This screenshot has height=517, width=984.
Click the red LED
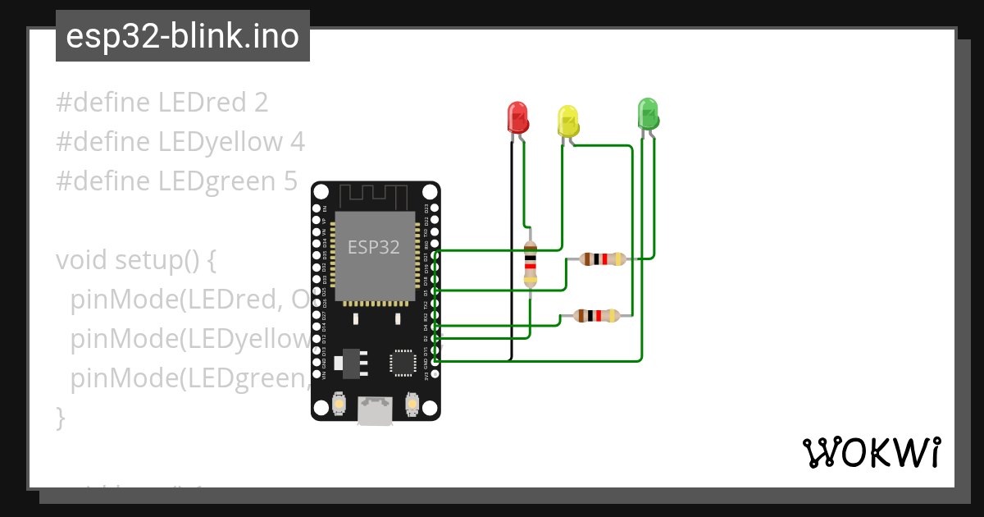click(x=517, y=117)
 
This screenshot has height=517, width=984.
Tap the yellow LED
click(x=567, y=121)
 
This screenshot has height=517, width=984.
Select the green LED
click(x=648, y=113)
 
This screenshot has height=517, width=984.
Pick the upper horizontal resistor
click(x=603, y=259)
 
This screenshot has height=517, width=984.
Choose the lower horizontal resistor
click(x=596, y=315)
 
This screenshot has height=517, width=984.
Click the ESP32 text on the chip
click(x=374, y=247)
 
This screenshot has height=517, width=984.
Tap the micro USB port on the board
click(x=375, y=410)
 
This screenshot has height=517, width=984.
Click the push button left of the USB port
click(x=339, y=404)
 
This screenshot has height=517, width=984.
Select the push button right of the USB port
click(x=412, y=404)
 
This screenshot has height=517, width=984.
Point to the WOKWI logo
click(x=870, y=452)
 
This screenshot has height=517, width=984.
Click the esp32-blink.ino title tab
click(x=182, y=36)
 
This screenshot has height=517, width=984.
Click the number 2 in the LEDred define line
click(x=261, y=103)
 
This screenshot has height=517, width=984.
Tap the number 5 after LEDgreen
click(x=289, y=181)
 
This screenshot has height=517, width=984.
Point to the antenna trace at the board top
click(x=375, y=196)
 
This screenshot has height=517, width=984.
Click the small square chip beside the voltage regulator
click(x=403, y=362)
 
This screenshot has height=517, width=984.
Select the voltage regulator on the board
click(x=350, y=362)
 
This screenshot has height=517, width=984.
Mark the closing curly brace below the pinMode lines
click(x=60, y=418)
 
